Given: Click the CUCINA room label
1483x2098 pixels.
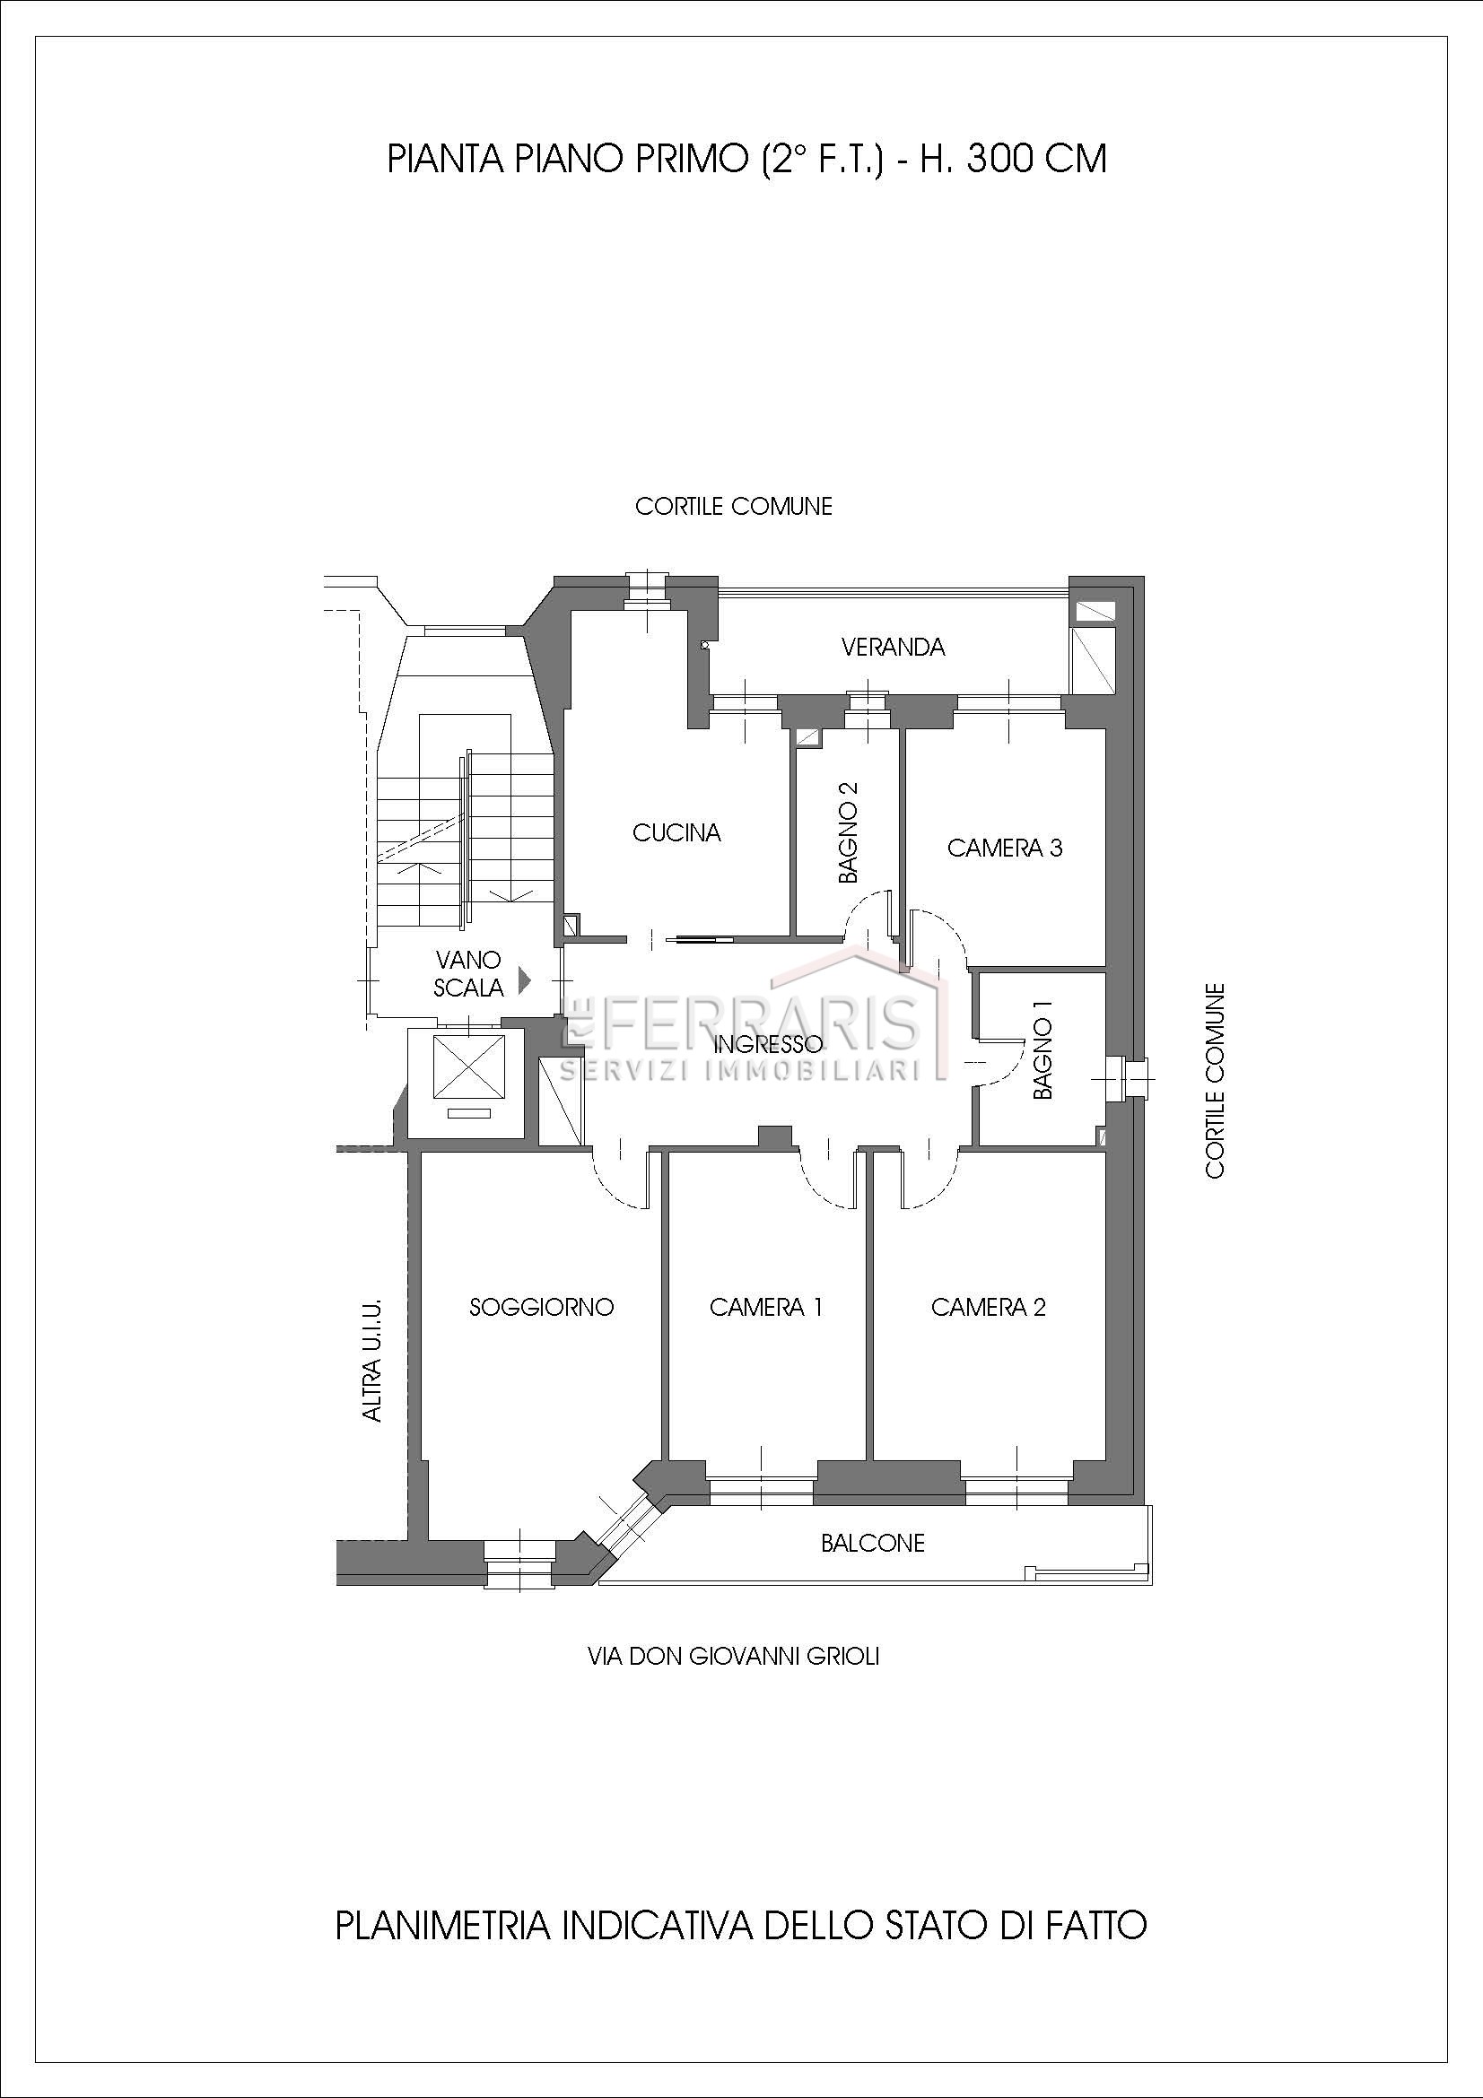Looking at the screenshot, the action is point(676,832).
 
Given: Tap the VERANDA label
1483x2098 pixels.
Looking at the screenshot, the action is point(893,647).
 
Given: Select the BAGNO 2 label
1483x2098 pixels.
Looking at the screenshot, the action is point(849,831).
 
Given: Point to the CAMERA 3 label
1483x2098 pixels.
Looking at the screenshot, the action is point(1004,848).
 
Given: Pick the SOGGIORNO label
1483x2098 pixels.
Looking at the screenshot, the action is point(541,1307).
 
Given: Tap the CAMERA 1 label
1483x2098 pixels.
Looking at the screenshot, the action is point(765,1307).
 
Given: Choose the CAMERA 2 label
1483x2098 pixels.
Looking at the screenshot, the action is point(988,1307).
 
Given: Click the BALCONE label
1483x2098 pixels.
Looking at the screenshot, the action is point(873,1544).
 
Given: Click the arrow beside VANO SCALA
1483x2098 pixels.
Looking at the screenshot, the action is point(525,980).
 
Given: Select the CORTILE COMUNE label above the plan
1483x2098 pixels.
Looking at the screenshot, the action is point(734,506).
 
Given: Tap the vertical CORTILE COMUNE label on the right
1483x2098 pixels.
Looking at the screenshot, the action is point(1215,1080).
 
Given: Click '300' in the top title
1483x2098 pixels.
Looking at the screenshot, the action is point(1000,159).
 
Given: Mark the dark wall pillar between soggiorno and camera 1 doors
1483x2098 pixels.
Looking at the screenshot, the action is point(776,1136).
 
